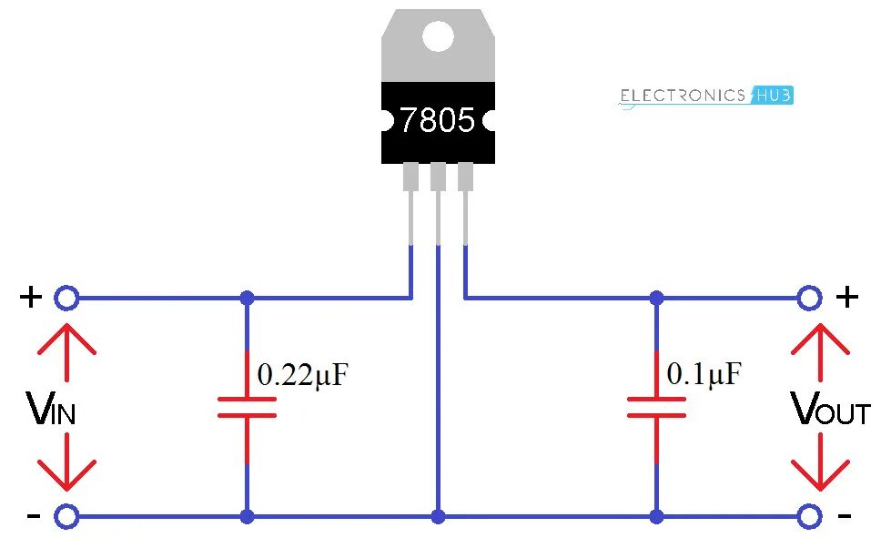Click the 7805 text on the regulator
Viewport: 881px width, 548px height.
[x=438, y=121]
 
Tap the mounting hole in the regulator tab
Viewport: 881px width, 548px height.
[x=438, y=36]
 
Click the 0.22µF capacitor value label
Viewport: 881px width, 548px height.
[x=302, y=375]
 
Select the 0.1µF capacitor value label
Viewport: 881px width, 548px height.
[x=704, y=373]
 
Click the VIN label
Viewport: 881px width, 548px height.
[x=52, y=411]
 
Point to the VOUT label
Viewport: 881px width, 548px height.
[x=831, y=411]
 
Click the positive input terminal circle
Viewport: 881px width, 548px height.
[x=66, y=298]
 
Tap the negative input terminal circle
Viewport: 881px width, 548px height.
[x=66, y=517]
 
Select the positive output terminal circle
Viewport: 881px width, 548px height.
[x=809, y=298]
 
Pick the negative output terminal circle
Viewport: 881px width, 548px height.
[x=809, y=517]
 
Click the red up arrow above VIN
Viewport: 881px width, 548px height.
[x=66, y=350]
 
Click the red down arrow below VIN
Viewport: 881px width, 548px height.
[x=66, y=464]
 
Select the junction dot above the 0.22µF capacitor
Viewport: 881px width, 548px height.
[x=247, y=298]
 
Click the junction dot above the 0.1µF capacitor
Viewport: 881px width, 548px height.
[x=656, y=298]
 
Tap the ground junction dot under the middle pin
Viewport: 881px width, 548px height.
[x=439, y=517]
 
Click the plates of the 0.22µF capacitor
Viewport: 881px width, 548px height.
[x=247, y=407]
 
